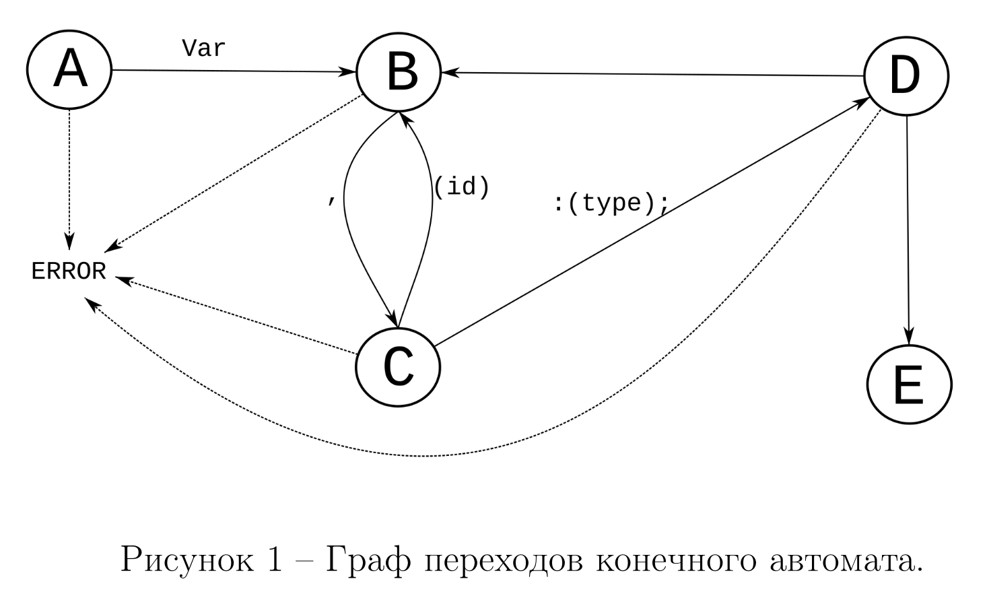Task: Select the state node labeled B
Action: point(399,71)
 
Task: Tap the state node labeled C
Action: point(398,367)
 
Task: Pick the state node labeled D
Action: point(906,75)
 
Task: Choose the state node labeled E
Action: point(909,385)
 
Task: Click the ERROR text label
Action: point(69,271)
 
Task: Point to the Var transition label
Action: point(203,48)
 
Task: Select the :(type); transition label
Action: point(611,202)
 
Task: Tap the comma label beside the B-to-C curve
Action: point(331,200)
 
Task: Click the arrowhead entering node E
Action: point(909,337)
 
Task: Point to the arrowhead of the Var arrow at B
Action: point(349,71)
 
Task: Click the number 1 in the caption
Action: point(274,560)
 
